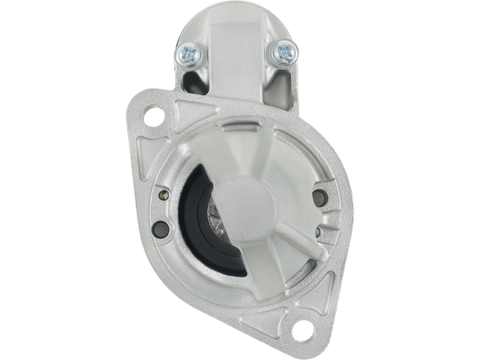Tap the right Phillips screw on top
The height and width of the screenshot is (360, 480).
click(x=283, y=54)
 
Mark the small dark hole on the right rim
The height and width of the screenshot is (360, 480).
click(x=317, y=232)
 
